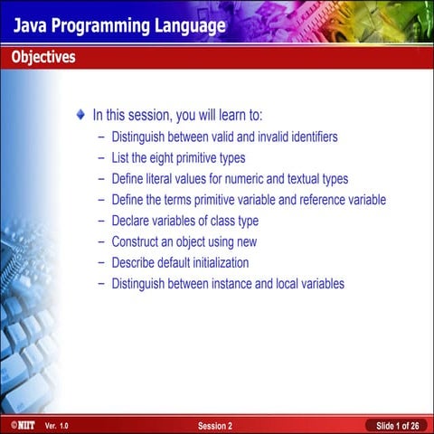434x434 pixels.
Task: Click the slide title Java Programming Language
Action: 118,25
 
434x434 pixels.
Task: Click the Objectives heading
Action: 43,58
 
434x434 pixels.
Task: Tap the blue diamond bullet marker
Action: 81,115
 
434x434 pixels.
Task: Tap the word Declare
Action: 132,221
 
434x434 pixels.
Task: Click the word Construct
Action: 137,241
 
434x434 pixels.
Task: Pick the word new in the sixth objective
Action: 246,241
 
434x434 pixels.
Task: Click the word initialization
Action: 217,262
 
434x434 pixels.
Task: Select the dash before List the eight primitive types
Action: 101,158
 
